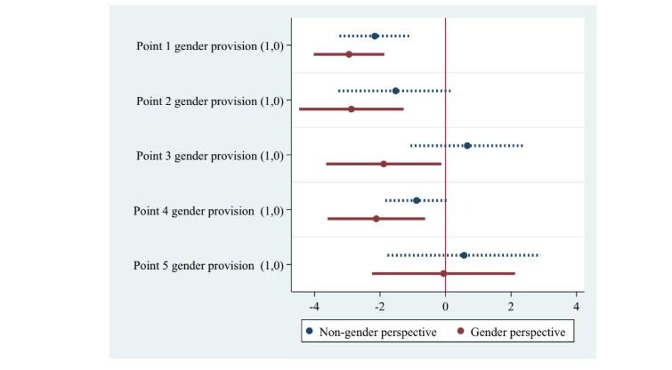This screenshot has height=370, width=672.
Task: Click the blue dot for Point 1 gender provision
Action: pyautogui.click(x=375, y=36)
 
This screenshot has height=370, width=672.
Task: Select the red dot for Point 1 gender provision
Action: pyautogui.click(x=349, y=54)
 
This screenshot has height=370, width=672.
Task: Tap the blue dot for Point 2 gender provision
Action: pyautogui.click(x=395, y=91)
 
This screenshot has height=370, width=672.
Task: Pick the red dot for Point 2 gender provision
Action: pyautogui.click(x=352, y=109)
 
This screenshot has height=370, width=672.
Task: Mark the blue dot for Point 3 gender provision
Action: pyautogui.click(x=467, y=146)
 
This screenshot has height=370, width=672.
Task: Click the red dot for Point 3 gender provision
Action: pyautogui.click(x=384, y=164)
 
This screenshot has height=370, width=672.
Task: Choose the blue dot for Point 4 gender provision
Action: pyautogui.click(x=417, y=200)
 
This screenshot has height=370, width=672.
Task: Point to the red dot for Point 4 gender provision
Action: pyautogui.click(x=376, y=218)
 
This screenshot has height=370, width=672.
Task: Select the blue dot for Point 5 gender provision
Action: pyautogui.click(x=464, y=255)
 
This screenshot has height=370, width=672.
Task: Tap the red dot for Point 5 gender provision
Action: pyautogui.click(x=443, y=273)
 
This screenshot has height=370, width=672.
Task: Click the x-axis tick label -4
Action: pyautogui.click(x=313, y=307)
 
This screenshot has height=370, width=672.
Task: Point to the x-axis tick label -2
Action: pyautogui.click(x=379, y=307)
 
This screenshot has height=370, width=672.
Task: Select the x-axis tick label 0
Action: pyautogui.click(x=445, y=307)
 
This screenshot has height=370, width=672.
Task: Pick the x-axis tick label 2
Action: pyautogui.click(x=511, y=307)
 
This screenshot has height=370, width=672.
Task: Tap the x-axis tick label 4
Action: pyautogui.click(x=577, y=307)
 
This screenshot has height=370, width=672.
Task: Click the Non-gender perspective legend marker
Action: pyautogui.click(x=310, y=332)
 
